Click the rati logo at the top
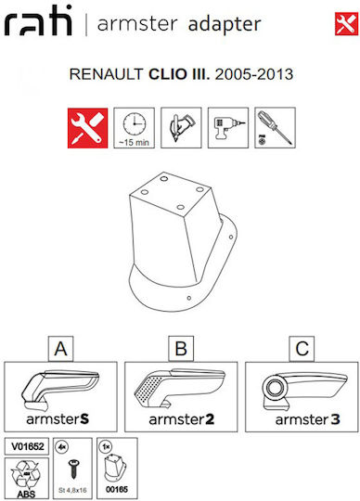[x=38, y=20]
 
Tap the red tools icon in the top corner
[x=346, y=23]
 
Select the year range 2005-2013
[x=254, y=74]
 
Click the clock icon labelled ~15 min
[x=135, y=128]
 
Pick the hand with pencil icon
[x=181, y=128]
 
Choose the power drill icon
[x=228, y=128]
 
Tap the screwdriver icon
[x=275, y=128]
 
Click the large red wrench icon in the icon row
[x=87, y=128]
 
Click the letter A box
[x=60, y=349]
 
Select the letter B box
[x=181, y=349]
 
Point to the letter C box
[x=302, y=349]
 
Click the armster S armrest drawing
[x=60, y=391]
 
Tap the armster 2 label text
[x=182, y=419]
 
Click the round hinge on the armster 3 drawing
[x=274, y=388]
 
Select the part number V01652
[x=28, y=446]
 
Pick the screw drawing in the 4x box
[x=73, y=469]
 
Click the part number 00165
[x=117, y=489]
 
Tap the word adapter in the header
[x=225, y=24]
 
